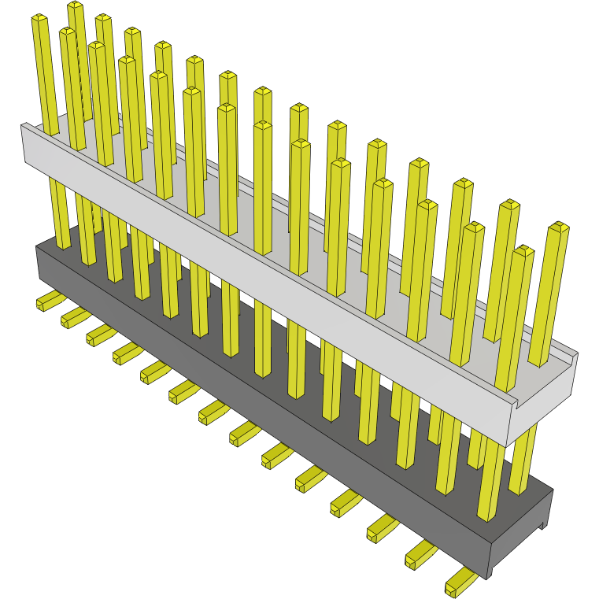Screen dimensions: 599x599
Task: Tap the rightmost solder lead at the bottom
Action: (x=460, y=583)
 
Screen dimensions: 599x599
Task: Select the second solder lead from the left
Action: (x=75, y=317)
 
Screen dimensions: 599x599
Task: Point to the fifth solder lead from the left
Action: (x=154, y=372)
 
